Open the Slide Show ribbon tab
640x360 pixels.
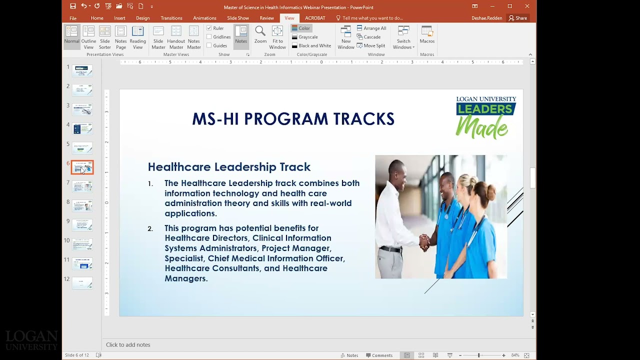point(237,18)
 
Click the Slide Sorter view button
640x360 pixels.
point(104,37)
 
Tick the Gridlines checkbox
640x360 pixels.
point(209,37)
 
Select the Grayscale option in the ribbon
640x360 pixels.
point(307,37)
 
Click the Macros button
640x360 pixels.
point(427,34)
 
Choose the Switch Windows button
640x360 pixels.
point(403,37)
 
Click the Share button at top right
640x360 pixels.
point(518,18)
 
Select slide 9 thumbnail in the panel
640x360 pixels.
point(82,225)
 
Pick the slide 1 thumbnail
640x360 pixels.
point(82,70)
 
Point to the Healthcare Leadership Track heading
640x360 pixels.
point(229,167)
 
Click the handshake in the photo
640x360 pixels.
point(424,241)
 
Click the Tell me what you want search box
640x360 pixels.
point(372,18)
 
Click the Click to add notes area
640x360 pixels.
point(128,344)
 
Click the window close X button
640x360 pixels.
point(527,6)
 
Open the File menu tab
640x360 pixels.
point(73,18)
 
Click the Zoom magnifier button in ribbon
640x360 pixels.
point(260,34)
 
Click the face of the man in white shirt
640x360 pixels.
point(396,172)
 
